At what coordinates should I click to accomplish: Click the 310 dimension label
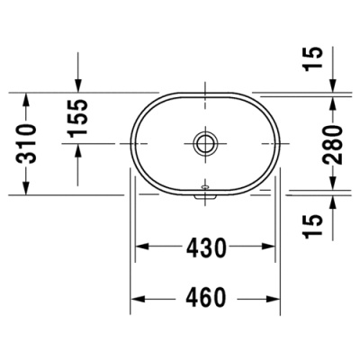pyautogui.click(x=27, y=142)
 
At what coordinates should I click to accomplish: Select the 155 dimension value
pyautogui.click(x=79, y=118)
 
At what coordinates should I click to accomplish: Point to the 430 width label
pyautogui.click(x=206, y=247)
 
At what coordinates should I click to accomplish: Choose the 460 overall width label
pyautogui.click(x=206, y=297)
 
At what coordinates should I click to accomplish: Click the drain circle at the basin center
pyautogui.click(x=206, y=142)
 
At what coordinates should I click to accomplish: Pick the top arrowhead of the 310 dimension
pyautogui.click(x=27, y=97)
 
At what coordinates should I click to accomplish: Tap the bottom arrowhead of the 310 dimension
pyautogui.click(x=27, y=188)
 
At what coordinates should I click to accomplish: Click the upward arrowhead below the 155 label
pyautogui.click(x=79, y=149)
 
